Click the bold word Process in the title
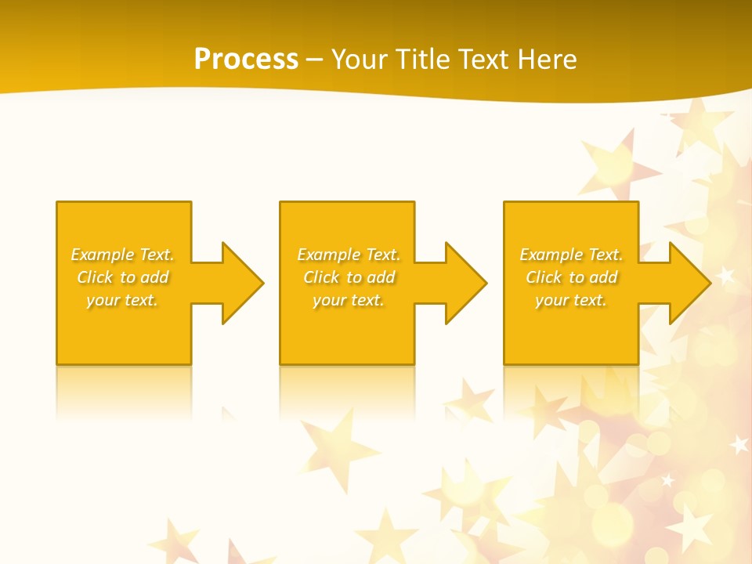pyautogui.click(x=246, y=60)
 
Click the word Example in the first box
pyautogui.click(x=102, y=255)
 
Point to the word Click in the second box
pyautogui.click(x=320, y=277)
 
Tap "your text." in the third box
pyautogui.click(x=570, y=300)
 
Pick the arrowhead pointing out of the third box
pyautogui.click(x=689, y=283)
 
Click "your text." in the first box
pyautogui.click(x=122, y=300)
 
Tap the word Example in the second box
pyautogui.click(x=328, y=255)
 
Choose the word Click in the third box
pyautogui.click(x=543, y=277)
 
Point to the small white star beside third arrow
pyautogui.click(x=725, y=275)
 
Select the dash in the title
pyautogui.click(x=314, y=60)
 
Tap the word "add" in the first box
pyautogui.click(x=155, y=277)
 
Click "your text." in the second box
pyautogui.click(x=348, y=300)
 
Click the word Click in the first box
pyautogui.click(x=94, y=277)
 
